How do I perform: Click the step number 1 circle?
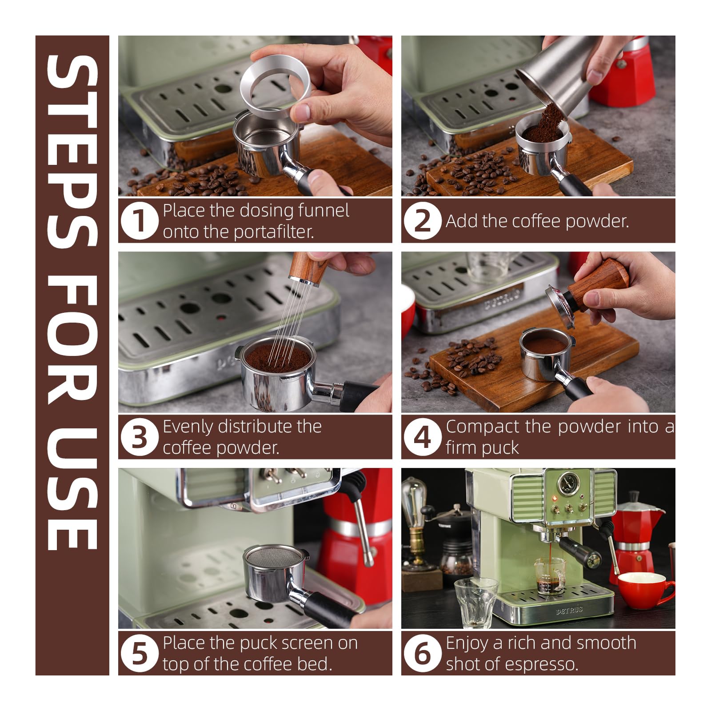[139, 221]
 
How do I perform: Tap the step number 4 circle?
[422, 437]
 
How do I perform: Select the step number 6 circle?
[422, 654]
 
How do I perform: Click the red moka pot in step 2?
[631, 71]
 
